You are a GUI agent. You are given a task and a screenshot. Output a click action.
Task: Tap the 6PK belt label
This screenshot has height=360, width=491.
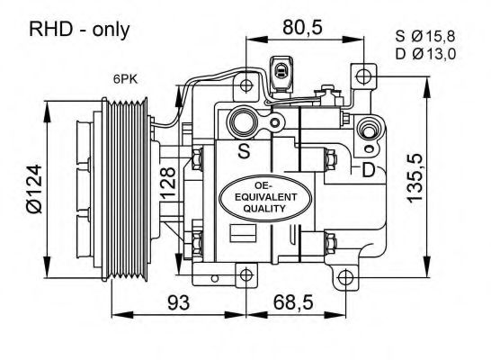coord(125,79)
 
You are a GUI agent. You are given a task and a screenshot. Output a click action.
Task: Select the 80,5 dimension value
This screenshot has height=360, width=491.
coord(302,27)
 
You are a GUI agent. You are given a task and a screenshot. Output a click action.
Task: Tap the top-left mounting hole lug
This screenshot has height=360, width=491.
coord(245,85)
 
